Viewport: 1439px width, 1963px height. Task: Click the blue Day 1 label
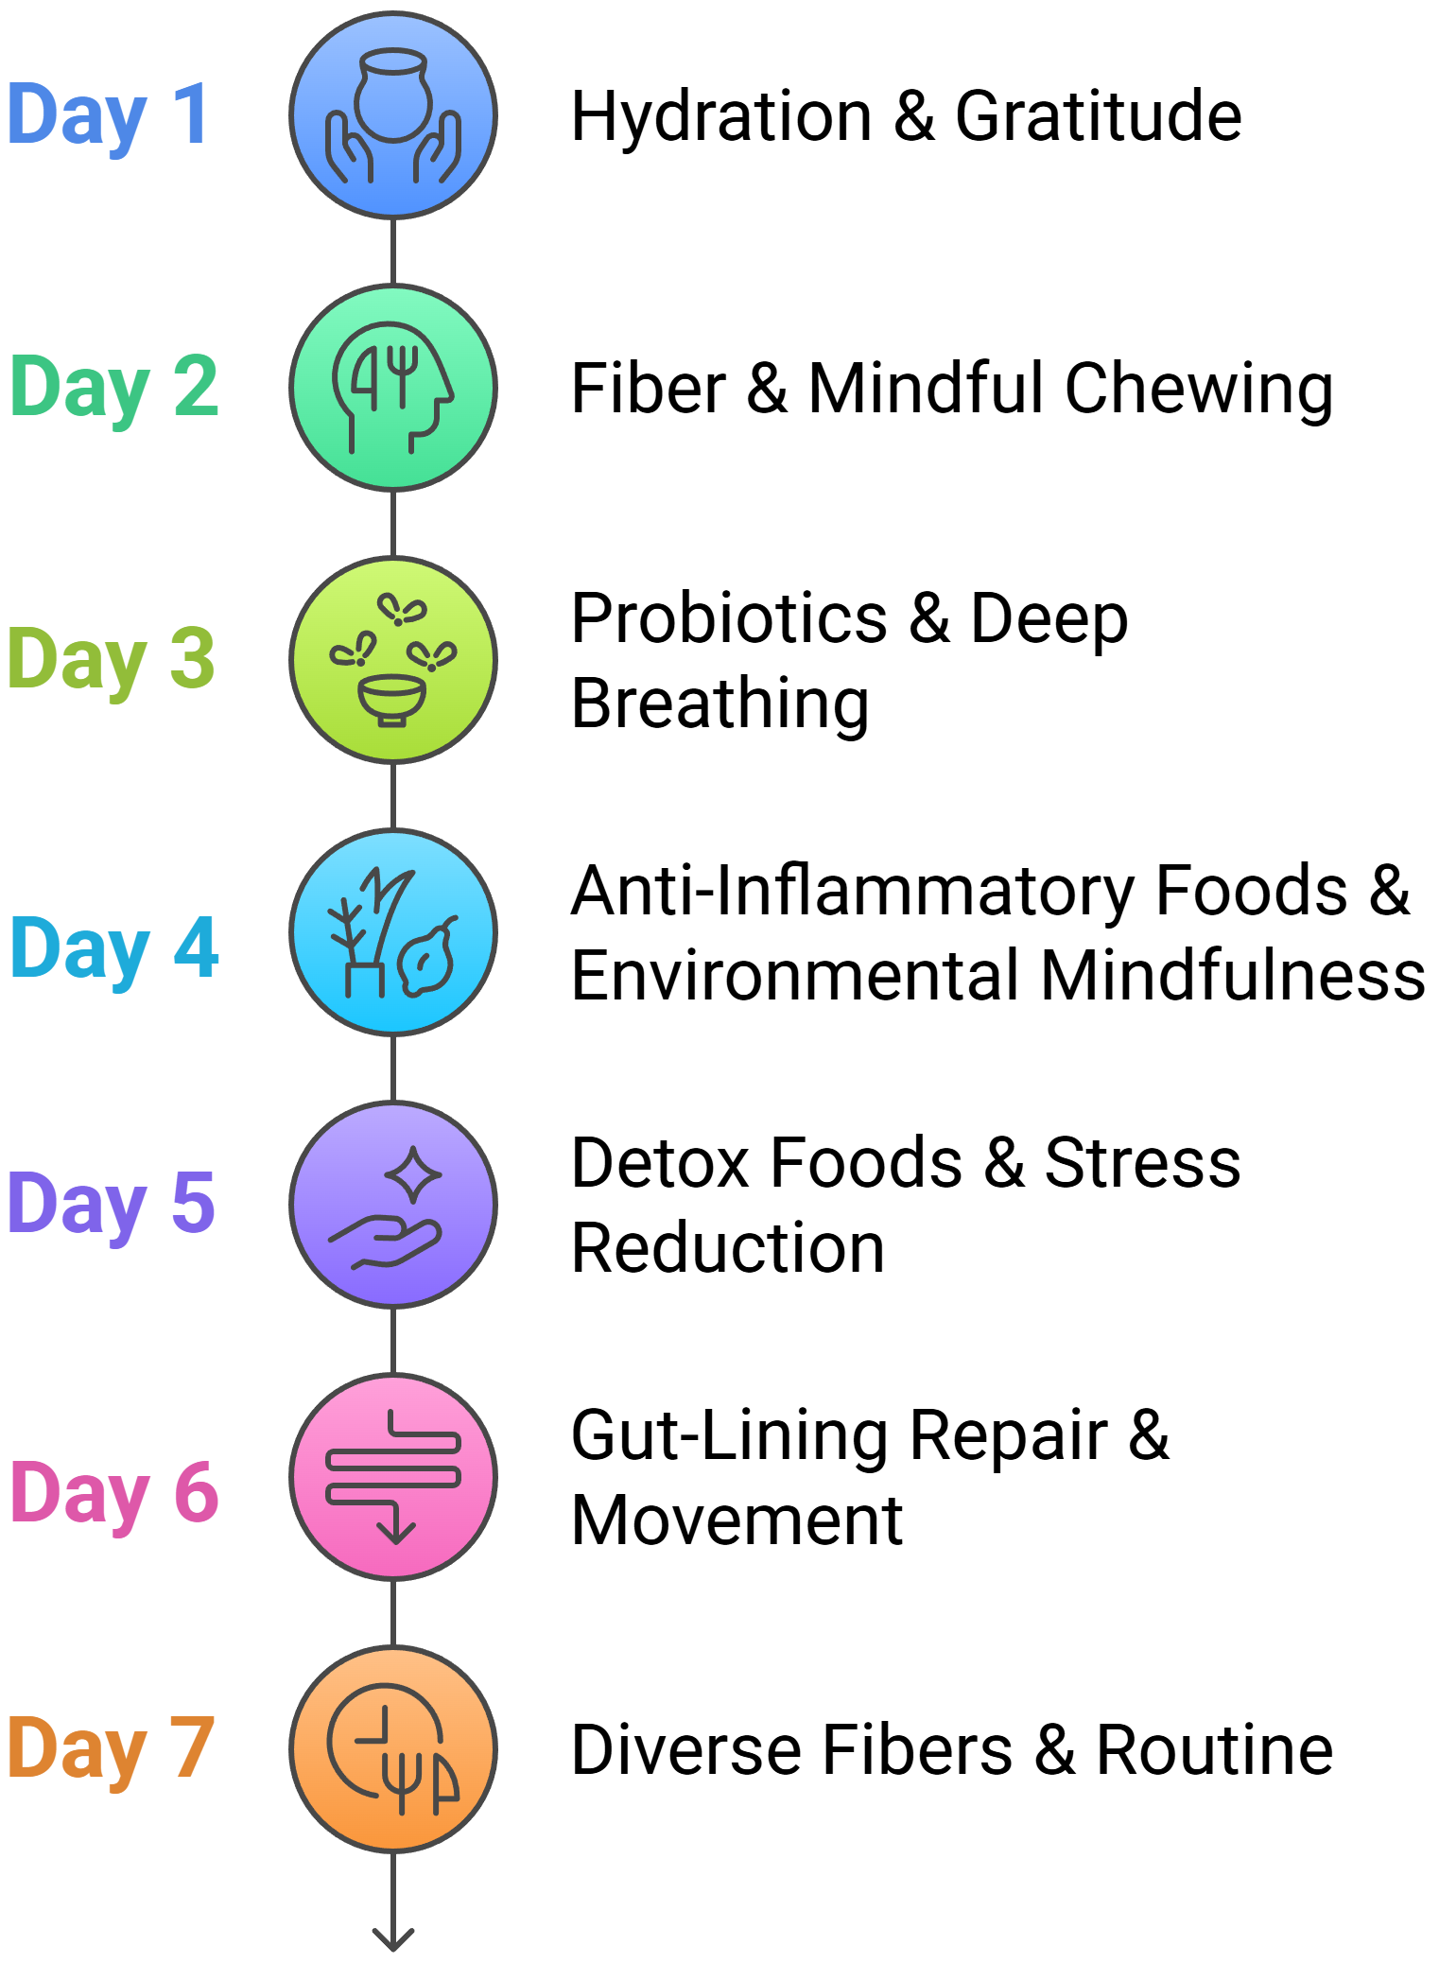pyautogui.click(x=108, y=115)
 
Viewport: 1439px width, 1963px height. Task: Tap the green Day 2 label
pyautogui.click(x=114, y=388)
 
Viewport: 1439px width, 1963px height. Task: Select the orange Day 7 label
pyautogui.click(x=111, y=1749)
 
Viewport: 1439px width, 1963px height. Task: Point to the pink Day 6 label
pyautogui.click(x=114, y=1492)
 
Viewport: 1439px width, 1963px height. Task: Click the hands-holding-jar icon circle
pyautogui.click(x=393, y=115)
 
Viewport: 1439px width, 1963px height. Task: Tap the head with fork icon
pyautogui.click(x=393, y=388)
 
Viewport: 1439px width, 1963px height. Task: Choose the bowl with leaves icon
pyautogui.click(x=393, y=660)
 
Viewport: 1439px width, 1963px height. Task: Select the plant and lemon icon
pyautogui.click(x=393, y=932)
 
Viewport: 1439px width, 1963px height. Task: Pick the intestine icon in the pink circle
pyautogui.click(x=393, y=1477)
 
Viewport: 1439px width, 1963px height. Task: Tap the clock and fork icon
pyautogui.click(x=393, y=1749)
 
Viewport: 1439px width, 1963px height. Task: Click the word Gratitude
pyautogui.click(x=1099, y=117)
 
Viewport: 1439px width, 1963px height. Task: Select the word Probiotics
pyautogui.click(x=730, y=618)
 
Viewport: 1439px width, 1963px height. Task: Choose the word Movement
pyautogui.click(x=737, y=1520)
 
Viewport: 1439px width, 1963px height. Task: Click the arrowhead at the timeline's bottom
pyautogui.click(x=393, y=1938)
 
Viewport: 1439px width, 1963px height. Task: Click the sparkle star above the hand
pyautogui.click(x=413, y=1174)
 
